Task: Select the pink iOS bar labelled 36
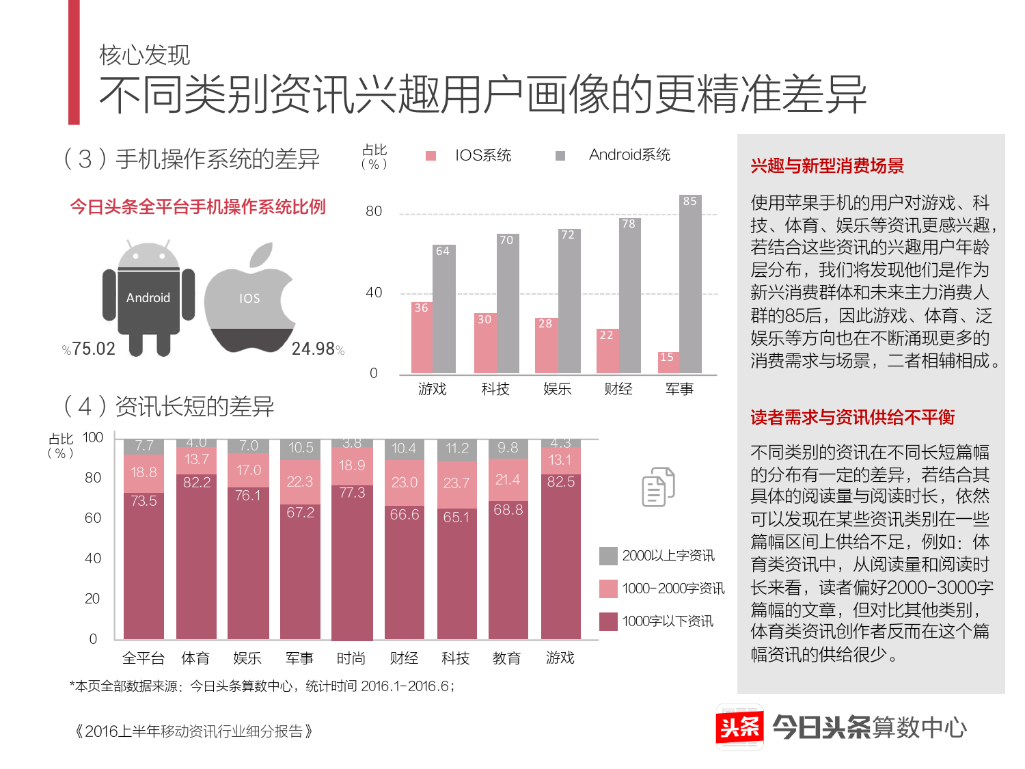(x=422, y=338)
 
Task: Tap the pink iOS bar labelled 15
(x=668, y=362)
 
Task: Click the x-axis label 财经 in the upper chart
(x=618, y=389)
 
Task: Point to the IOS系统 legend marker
(x=431, y=156)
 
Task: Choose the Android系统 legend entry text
(x=629, y=155)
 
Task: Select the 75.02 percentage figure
(x=94, y=349)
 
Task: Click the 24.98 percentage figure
(x=313, y=349)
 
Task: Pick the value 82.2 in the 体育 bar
(x=197, y=482)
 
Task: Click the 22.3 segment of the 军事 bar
(x=300, y=482)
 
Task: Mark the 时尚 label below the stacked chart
(x=351, y=658)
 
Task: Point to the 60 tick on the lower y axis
(x=93, y=518)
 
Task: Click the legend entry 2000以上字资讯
(x=668, y=556)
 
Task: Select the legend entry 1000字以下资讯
(x=668, y=621)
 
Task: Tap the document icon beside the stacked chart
(x=658, y=487)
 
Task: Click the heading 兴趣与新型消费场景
(x=827, y=165)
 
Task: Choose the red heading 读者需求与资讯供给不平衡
(x=852, y=417)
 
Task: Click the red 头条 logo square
(x=739, y=727)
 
